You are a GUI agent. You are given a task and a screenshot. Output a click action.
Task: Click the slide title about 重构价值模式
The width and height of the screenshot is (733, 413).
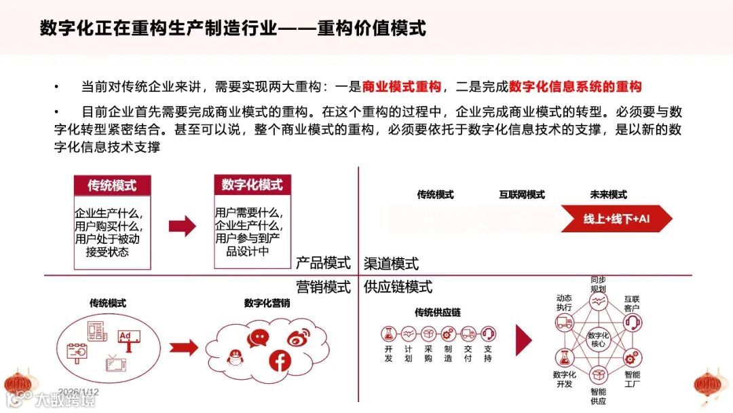point(233,28)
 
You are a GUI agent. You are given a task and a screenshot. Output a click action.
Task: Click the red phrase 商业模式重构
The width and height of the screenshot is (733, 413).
point(402,86)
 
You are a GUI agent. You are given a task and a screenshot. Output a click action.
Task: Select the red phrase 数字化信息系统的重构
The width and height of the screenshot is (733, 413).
point(575,86)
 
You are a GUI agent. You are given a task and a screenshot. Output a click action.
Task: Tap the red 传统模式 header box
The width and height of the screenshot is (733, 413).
point(112,185)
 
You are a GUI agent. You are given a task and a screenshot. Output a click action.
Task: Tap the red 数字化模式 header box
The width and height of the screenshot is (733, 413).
point(252,185)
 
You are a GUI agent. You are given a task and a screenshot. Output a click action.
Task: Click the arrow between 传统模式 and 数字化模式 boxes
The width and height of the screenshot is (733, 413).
point(182,226)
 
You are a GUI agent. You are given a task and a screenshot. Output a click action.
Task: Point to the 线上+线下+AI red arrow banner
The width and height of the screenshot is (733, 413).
point(616,219)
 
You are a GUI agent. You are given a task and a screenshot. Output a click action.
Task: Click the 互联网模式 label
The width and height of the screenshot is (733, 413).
point(522,195)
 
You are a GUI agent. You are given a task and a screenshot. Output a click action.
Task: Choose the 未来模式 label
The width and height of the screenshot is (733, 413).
point(608,195)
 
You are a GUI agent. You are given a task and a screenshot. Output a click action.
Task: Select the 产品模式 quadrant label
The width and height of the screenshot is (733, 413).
point(323,263)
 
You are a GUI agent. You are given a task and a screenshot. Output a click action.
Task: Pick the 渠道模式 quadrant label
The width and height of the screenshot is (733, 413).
point(392,264)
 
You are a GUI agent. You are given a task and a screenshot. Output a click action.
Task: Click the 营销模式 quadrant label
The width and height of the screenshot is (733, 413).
point(323,287)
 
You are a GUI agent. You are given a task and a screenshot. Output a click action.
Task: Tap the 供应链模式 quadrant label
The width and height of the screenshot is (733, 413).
point(398,287)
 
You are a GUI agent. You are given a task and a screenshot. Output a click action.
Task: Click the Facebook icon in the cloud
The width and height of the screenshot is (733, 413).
point(279,361)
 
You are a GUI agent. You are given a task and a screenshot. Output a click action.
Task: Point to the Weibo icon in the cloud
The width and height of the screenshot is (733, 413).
point(298,338)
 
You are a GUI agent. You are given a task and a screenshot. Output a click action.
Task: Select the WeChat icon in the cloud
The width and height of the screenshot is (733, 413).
point(258,338)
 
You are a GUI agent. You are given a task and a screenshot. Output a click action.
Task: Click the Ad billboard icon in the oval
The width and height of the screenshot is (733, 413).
point(128,338)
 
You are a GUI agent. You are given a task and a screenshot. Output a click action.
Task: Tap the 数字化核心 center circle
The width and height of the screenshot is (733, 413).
point(598,339)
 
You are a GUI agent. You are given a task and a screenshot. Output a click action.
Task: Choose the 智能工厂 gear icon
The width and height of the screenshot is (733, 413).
point(632,357)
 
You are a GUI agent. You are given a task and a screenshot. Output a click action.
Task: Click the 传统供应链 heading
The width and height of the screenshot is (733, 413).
point(437,312)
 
